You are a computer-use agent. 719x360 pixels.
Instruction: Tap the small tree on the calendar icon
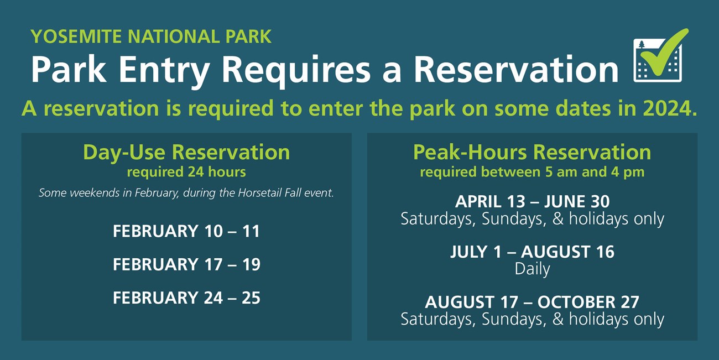pyautogui.click(x=642, y=45)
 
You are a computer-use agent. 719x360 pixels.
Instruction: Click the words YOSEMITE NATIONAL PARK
pyautogui.click(x=151, y=36)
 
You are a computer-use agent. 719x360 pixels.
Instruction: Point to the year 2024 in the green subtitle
pyautogui.click(x=670, y=108)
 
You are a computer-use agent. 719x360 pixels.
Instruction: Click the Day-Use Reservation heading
pyautogui.click(x=186, y=152)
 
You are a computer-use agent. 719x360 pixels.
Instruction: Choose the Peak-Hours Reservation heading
pyautogui.click(x=532, y=152)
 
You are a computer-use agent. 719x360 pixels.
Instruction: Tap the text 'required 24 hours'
pyautogui.click(x=186, y=172)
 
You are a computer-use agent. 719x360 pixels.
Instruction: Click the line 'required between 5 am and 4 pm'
pyautogui.click(x=532, y=172)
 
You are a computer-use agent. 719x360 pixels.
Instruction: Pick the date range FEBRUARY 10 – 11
pyautogui.click(x=186, y=231)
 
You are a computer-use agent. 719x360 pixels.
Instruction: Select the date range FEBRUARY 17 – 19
pyautogui.click(x=186, y=264)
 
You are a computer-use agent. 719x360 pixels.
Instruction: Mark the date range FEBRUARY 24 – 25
pyautogui.click(x=186, y=298)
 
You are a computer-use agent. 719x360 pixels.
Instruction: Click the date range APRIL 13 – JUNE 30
pyautogui.click(x=532, y=201)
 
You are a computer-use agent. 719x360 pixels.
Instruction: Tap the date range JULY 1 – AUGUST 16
pyautogui.click(x=532, y=252)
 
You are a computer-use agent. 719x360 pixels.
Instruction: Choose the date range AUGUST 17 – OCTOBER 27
pyautogui.click(x=532, y=302)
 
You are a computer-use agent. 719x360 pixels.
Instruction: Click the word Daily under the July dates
pyautogui.click(x=532, y=269)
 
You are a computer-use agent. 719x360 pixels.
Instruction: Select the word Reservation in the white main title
pyautogui.click(x=516, y=70)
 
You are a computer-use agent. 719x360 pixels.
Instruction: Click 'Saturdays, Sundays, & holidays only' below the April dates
pyautogui.click(x=532, y=219)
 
